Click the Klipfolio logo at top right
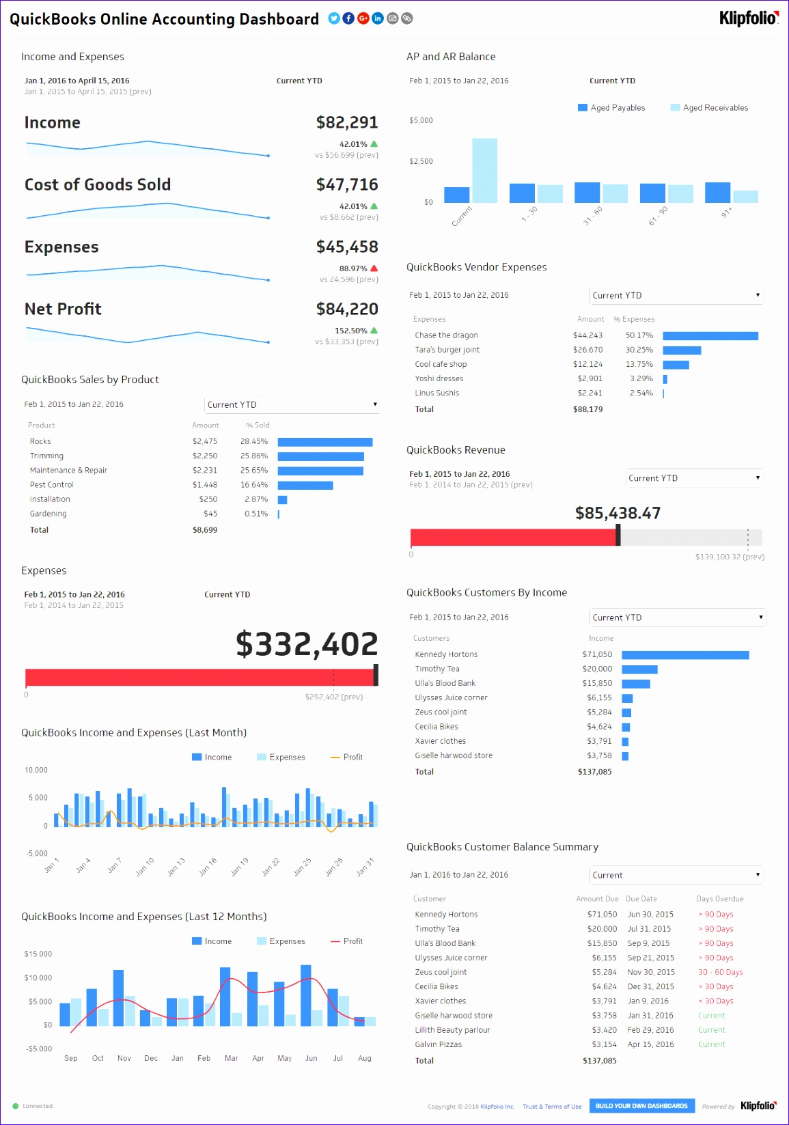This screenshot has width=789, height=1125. (x=748, y=18)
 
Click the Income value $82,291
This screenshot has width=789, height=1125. (x=346, y=122)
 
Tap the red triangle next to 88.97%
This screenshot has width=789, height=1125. (x=374, y=268)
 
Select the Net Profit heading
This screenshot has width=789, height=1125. (x=63, y=309)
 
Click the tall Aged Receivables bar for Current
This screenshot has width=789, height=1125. (x=484, y=170)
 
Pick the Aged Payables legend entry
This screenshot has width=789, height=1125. (x=611, y=108)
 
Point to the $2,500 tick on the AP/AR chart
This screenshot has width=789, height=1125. (x=421, y=161)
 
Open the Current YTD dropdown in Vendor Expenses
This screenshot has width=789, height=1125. (x=676, y=295)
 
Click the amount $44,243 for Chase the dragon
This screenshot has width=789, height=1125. (x=587, y=335)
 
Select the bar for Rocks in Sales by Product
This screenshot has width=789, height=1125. (x=324, y=442)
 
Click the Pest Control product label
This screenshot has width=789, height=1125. (x=51, y=485)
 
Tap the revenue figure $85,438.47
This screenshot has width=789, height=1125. (x=618, y=513)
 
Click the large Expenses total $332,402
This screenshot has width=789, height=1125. (x=307, y=643)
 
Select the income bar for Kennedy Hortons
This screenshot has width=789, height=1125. (x=685, y=655)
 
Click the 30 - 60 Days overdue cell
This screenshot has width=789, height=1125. (x=720, y=972)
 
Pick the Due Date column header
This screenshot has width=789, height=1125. (x=641, y=899)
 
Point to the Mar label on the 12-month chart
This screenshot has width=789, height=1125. (x=231, y=1058)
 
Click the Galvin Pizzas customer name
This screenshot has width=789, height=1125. (x=438, y=1044)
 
